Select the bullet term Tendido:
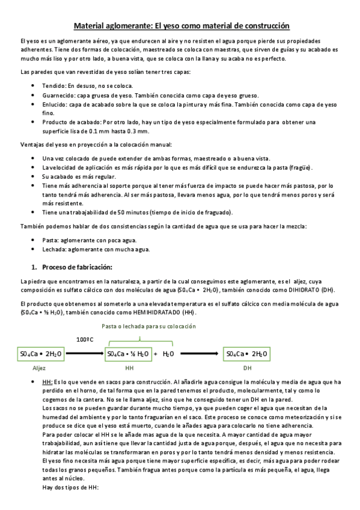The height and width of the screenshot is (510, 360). coord(53,87)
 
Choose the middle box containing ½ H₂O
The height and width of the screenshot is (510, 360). coord(129,354)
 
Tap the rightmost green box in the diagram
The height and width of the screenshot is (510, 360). coord(246,354)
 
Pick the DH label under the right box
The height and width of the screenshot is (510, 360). coord(247,367)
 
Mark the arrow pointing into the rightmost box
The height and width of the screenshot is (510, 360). coord(201,354)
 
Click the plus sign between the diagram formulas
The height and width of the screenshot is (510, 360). coord(156,354)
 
